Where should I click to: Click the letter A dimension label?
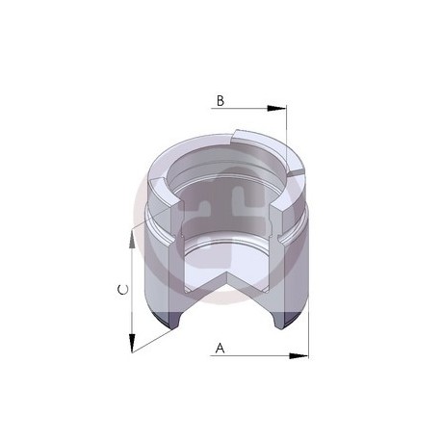coord(220,348)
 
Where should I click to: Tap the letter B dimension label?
coord(220,101)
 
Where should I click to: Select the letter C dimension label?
coord(123,290)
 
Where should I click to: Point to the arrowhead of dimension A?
coord(298,355)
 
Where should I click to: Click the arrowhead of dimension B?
coord(276,109)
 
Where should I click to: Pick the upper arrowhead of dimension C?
coord(132,240)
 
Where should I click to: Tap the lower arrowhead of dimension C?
coord(132,343)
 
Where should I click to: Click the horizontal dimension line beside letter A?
coord(259,355)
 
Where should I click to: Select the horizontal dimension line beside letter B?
coord(248,109)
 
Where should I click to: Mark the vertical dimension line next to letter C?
coord(132,291)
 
